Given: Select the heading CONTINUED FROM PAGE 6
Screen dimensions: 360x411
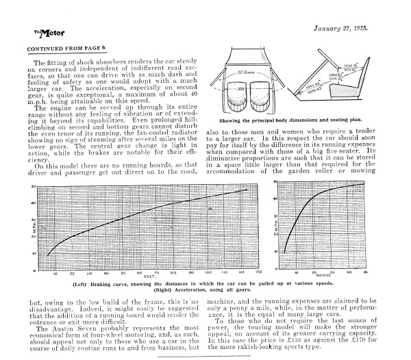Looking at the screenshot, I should (67, 50).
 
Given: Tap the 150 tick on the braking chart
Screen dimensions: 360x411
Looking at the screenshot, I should (258, 272).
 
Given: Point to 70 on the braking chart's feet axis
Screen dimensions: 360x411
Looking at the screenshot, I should (157, 272).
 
